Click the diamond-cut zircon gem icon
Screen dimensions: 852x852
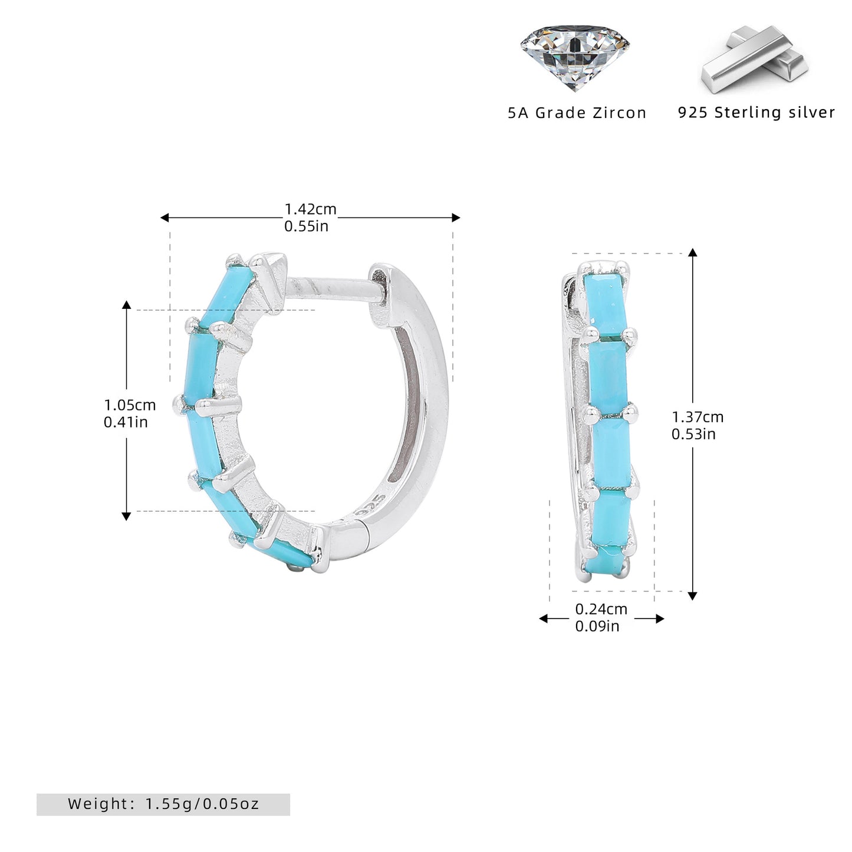pyautogui.click(x=574, y=57)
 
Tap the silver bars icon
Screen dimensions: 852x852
pyautogui.click(x=754, y=60)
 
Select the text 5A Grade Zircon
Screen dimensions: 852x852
pyautogui.click(x=577, y=113)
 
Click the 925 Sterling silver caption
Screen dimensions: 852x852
pyautogui.click(x=756, y=112)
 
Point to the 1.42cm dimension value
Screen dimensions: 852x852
pyautogui.click(x=310, y=209)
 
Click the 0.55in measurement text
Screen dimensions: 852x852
pyautogui.click(x=307, y=226)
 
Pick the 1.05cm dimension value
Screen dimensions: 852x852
pyautogui.click(x=130, y=404)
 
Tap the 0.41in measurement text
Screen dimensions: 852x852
pyautogui.click(x=126, y=422)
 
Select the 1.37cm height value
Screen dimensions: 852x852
pyautogui.click(x=698, y=416)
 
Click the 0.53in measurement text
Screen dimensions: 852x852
pyautogui.click(x=693, y=434)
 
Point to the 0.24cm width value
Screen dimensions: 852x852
pyautogui.click(x=601, y=609)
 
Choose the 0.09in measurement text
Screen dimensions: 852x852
pyautogui.click(x=597, y=626)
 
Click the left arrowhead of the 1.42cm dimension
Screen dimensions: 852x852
pyautogui.click(x=165, y=217)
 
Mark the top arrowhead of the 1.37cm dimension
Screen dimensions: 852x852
pyautogui.click(x=693, y=252)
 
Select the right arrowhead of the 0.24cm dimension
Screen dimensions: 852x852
pyautogui.click(x=660, y=619)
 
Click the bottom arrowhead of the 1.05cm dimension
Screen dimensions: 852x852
pyautogui.click(x=126, y=515)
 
